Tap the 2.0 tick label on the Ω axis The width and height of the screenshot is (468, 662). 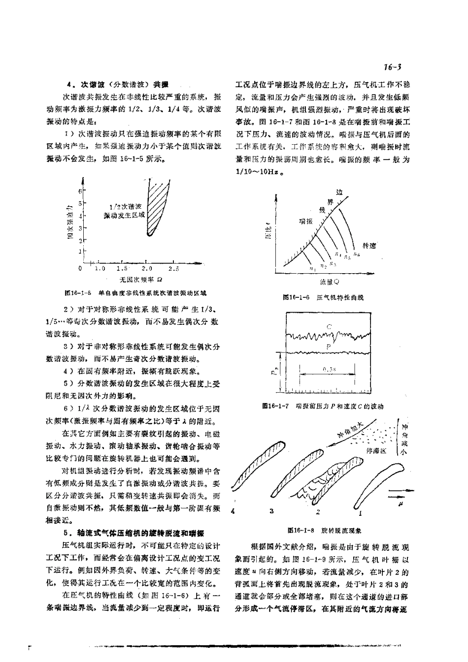pyautogui.click(x=147, y=269)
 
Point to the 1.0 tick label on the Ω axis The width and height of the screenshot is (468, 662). pyautogui.click(x=100, y=269)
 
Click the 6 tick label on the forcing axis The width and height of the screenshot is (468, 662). pyautogui.click(x=80, y=190)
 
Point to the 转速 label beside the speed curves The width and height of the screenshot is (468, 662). pyautogui.click(x=368, y=245)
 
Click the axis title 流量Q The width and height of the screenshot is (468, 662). pyautogui.click(x=329, y=283)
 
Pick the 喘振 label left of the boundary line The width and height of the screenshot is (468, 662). pyautogui.click(x=305, y=221)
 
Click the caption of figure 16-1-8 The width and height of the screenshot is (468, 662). pyautogui.click(x=325, y=531)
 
